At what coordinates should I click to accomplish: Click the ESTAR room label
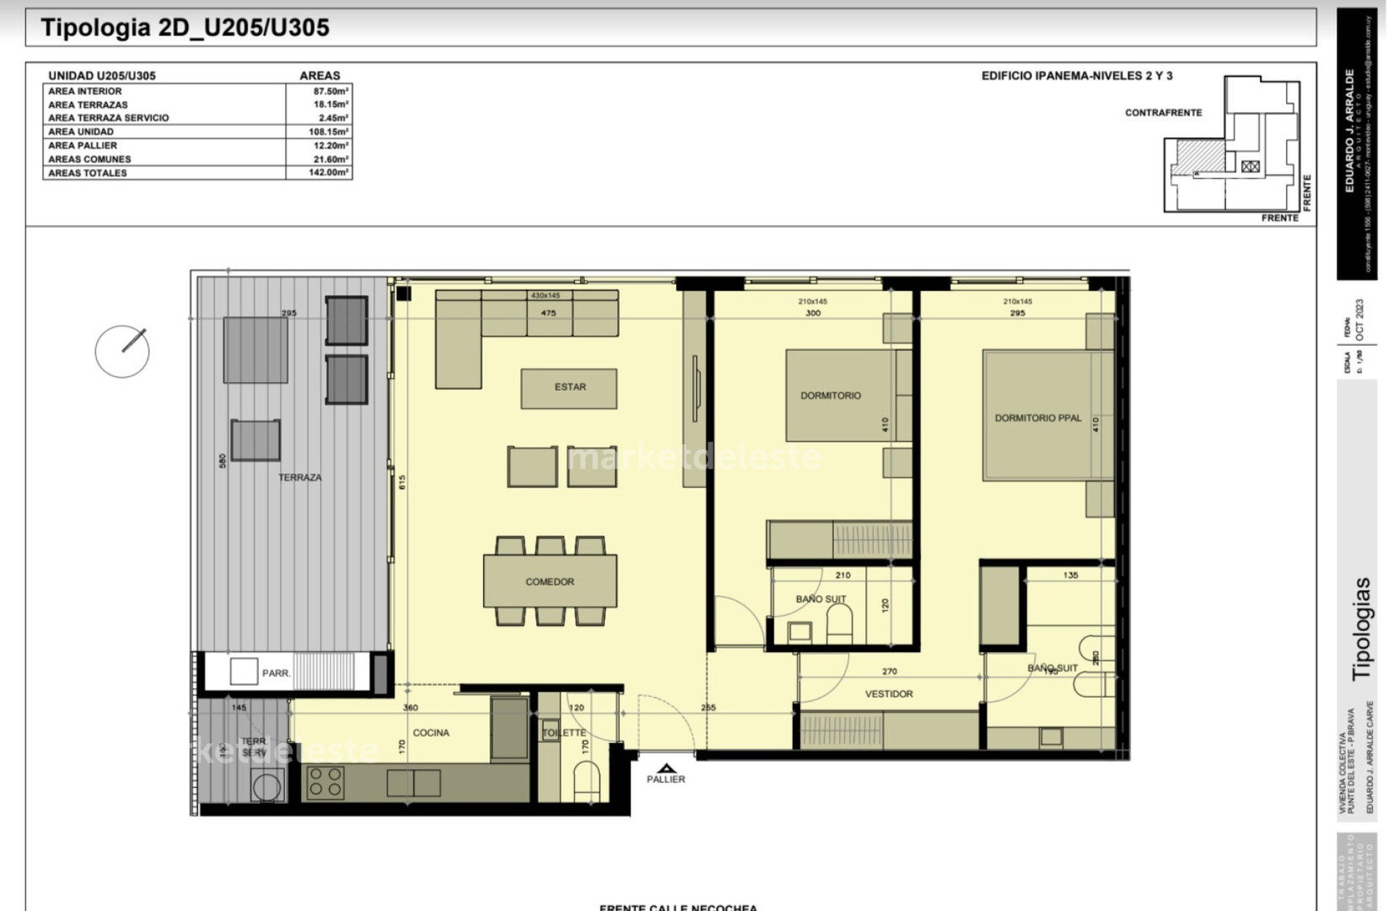tap(570, 387)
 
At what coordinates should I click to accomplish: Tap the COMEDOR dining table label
tap(550, 582)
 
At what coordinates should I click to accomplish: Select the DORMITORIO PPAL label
tap(1038, 418)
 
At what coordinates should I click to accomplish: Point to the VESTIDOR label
tap(889, 694)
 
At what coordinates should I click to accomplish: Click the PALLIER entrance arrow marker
tap(666, 768)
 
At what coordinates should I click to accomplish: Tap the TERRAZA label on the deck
tap(299, 478)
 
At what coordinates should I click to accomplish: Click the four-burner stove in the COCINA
tap(325, 782)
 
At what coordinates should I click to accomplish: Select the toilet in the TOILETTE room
tap(586, 781)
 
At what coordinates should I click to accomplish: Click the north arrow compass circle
tap(122, 351)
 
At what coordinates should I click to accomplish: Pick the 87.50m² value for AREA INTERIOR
tap(331, 91)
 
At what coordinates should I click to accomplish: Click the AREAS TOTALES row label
tap(88, 173)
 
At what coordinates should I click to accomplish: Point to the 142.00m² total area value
tap(328, 173)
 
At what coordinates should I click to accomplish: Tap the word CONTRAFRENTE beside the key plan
tap(1163, 113)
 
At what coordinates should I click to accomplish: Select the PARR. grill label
tap(276, 673)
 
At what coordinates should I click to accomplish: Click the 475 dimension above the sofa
tap(548, 313)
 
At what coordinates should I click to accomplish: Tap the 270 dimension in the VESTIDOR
tap(889, 671)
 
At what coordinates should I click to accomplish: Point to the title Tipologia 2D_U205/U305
tap(185, 27)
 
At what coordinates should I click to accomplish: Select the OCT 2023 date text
tap(1360, 320)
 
